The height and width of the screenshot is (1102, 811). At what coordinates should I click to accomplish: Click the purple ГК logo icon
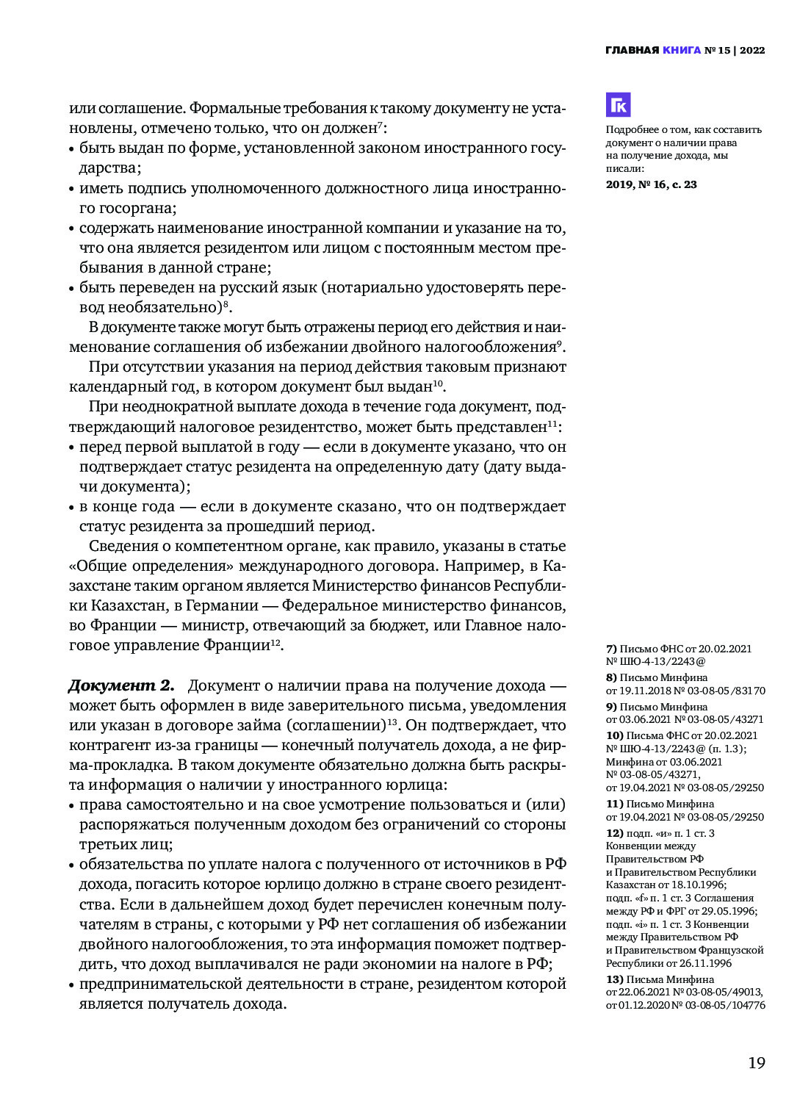[x=618, y=105]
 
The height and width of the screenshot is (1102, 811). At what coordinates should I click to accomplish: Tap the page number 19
[x=756, y=1062]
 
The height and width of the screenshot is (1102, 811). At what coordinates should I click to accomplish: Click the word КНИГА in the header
[x=682, y=51]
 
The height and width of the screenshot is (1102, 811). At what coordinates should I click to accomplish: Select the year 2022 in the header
[x=752, y=51]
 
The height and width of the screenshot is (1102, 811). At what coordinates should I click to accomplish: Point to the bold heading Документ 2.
[x=121, y=685]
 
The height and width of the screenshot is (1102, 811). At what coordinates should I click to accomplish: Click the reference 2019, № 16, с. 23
[x=651, y=184]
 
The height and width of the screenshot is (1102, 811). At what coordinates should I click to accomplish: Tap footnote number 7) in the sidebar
[x=611, y=649]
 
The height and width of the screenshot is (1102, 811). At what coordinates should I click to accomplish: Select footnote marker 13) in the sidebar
[x=614, y=979]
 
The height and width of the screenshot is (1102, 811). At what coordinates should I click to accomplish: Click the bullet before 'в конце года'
[x=73, y=507]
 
